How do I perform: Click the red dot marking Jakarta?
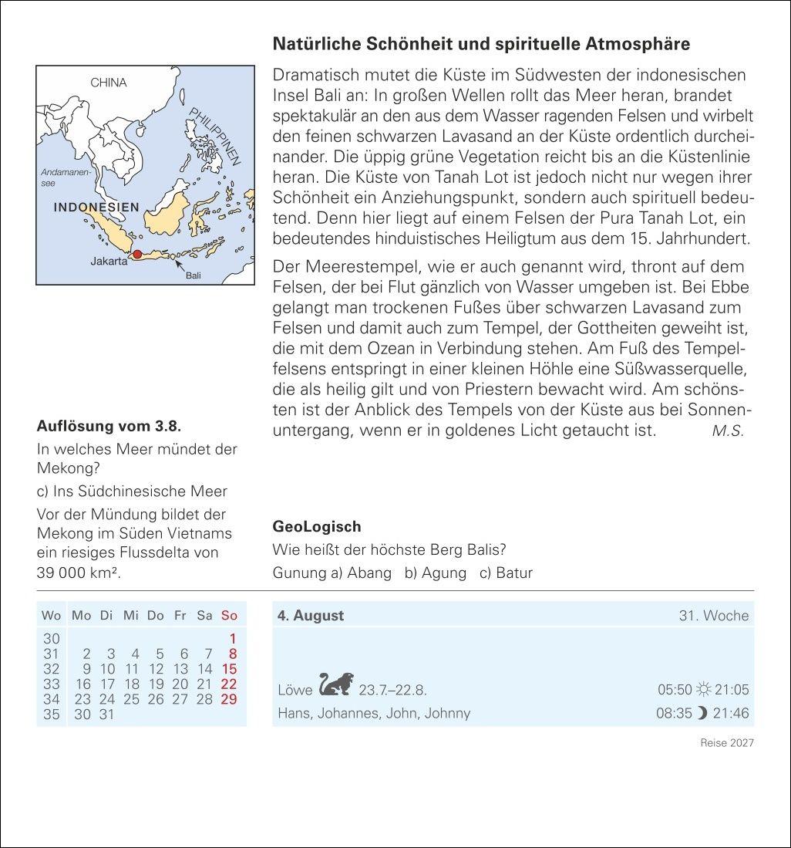click(x=137, y=254)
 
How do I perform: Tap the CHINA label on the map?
click(x=108, y=83)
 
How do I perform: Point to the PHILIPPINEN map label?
click(x=216, y=136)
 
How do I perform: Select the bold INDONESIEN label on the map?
click(x=96, y=208)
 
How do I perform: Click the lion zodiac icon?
click(x=336, y=684)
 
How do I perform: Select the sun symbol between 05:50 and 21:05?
click(x=702, y=690)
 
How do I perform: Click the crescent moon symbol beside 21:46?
click(x=702, y=714)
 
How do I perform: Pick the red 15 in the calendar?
click(x=229, y=669)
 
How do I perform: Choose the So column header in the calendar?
click(x=229, y=616)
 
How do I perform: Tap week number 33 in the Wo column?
click(x=51, y=684)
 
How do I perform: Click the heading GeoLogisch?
click(x=317, y=527)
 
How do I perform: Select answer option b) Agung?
click(x=436, y=573)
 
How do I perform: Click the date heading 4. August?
click(x=311, y=616)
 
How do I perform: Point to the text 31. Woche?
click(x=713, y=616)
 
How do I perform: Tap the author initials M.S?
click(x=728, y=431)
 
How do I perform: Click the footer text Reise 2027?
click(x=726, y=742)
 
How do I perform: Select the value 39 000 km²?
click(x=79, y=573)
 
